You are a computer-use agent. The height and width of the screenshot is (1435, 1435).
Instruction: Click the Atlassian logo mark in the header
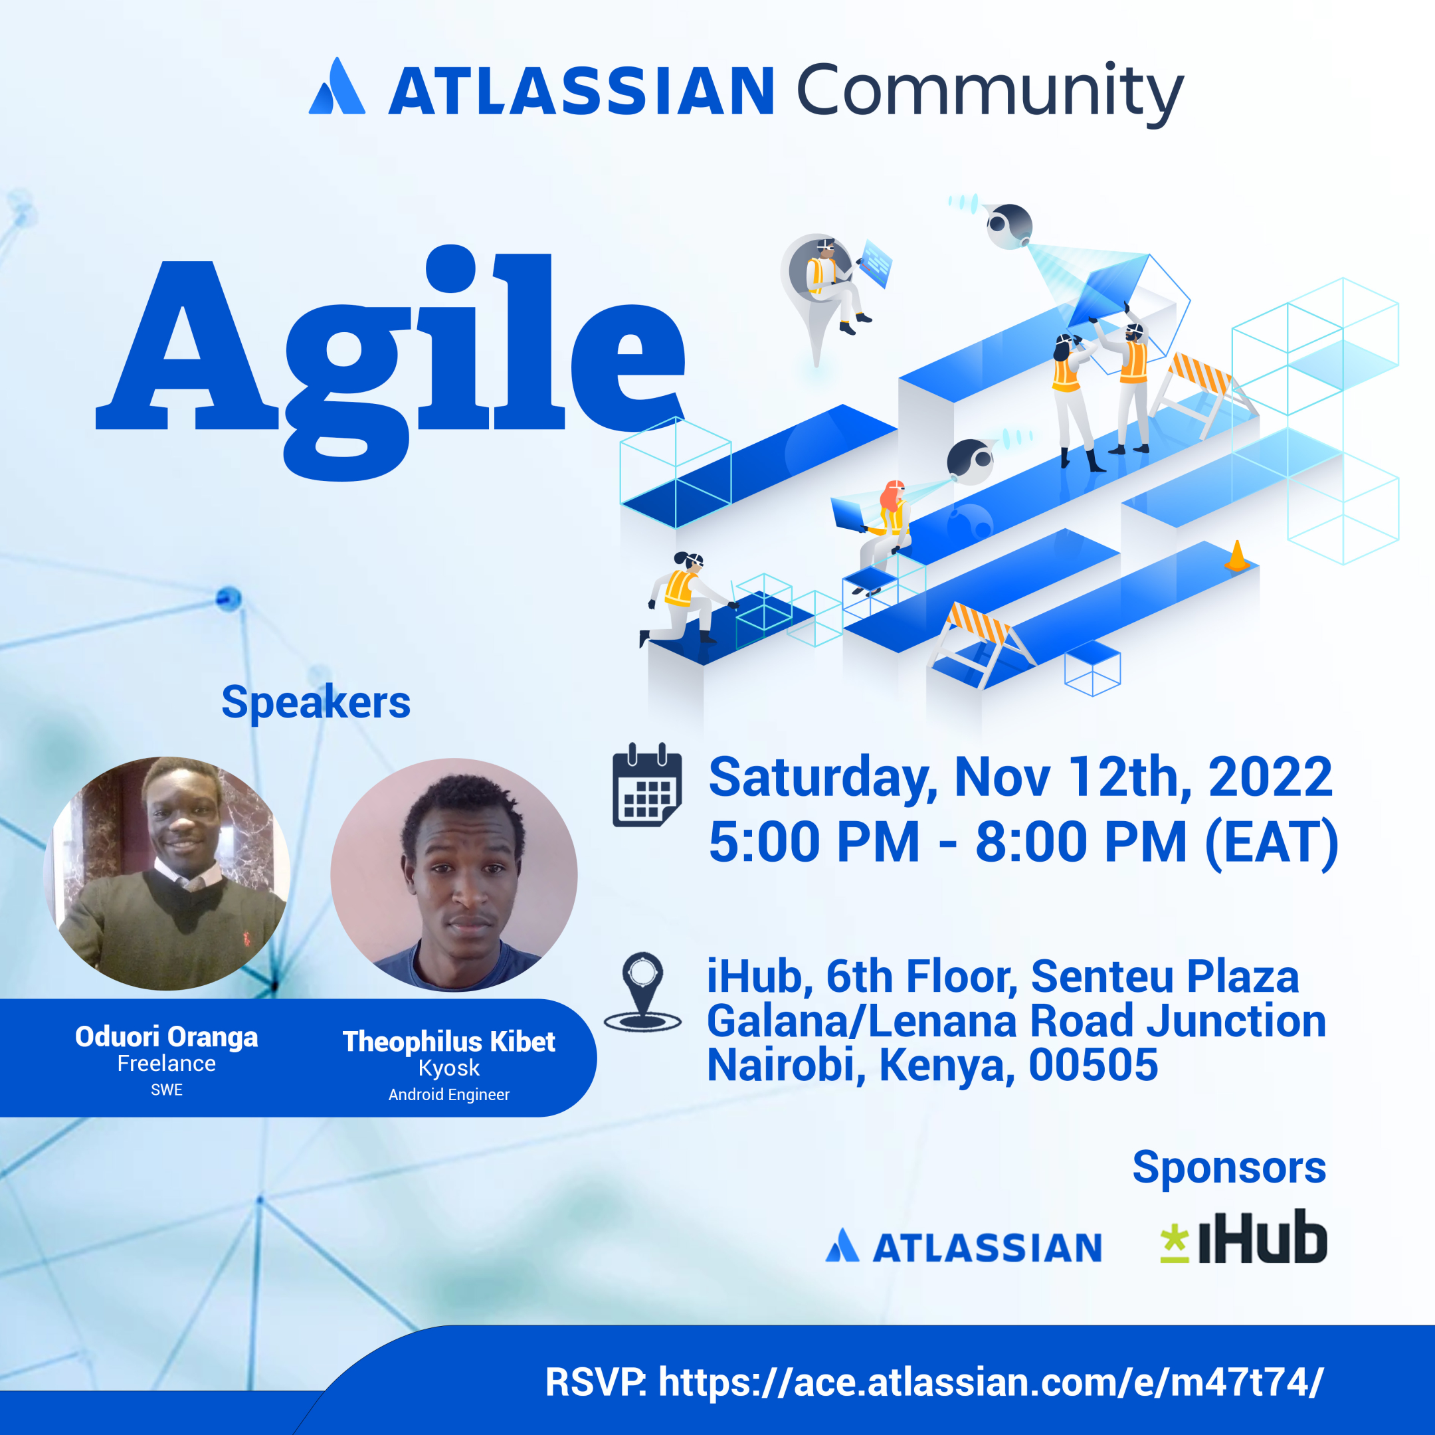click(337, 87)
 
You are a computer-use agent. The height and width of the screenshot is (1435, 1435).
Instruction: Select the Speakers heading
click(316, 702)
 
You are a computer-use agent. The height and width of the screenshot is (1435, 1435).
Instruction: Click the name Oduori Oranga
click(166, 1036)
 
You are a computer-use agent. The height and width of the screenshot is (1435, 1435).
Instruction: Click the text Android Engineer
click(448, 1094)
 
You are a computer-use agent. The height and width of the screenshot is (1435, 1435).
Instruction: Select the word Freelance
click(166, 1063)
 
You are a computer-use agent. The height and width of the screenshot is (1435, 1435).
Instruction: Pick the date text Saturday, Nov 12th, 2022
click(1020, 777)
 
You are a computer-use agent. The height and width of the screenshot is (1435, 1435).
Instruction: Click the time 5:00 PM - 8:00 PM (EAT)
click(1024, 842)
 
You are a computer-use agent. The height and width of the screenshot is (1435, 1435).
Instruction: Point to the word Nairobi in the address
click(786, 1064)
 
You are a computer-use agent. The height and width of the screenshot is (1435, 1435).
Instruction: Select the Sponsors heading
click(1228, 1167)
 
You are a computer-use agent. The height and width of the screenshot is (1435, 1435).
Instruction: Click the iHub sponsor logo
click(1244, 1238)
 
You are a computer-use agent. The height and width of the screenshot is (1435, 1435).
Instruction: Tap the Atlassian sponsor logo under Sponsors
click(963, 1247)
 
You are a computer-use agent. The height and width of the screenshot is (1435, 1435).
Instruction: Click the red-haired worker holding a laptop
click(889, 518)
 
